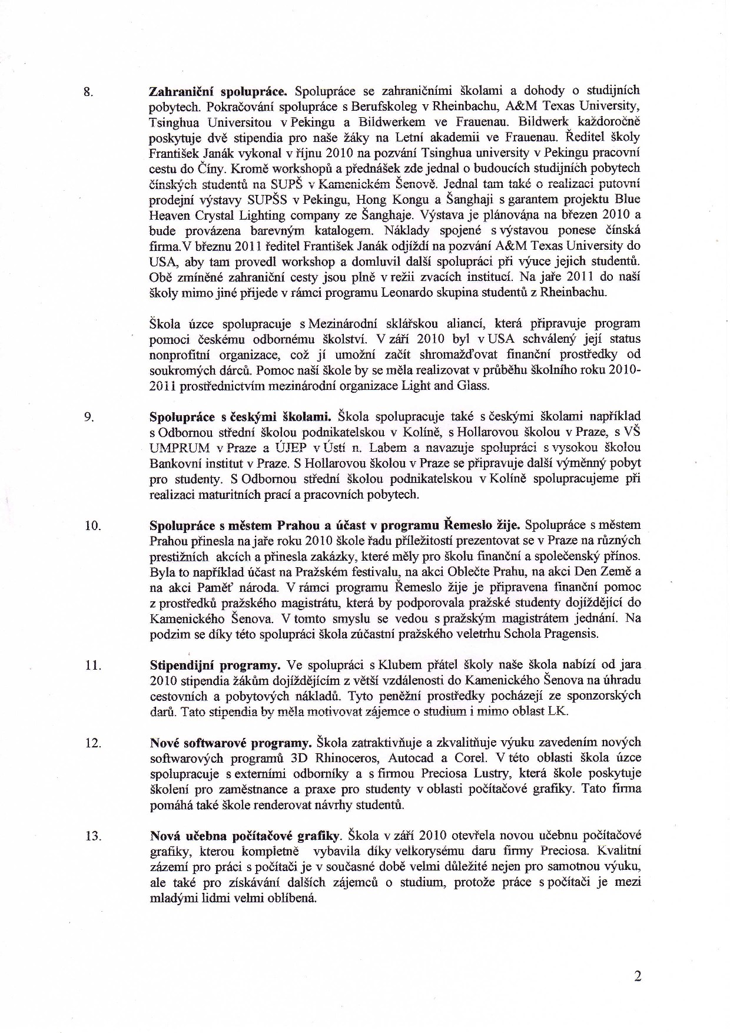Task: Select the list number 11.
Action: [93, 666]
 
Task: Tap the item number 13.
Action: [93, 836]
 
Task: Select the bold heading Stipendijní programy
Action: [215, 666]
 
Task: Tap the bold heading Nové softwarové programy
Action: [231, 742]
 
